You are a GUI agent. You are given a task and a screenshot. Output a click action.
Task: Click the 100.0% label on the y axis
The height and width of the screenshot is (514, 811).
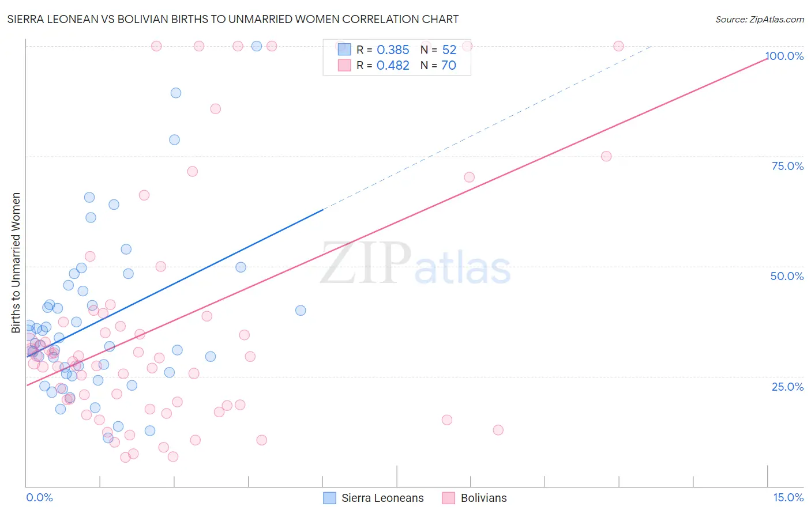point(784,56)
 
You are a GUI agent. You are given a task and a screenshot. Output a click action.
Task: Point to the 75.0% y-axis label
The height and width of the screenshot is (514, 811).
point(787,166)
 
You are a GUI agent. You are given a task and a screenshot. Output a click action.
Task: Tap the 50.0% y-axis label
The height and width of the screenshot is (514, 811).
point(787,276)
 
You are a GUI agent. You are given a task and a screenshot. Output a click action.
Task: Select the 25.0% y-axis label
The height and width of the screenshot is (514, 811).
point(787,387)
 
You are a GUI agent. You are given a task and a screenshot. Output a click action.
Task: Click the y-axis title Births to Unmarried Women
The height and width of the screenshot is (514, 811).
point(16,263)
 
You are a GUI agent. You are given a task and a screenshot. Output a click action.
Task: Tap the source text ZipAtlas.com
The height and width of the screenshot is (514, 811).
point(776,20)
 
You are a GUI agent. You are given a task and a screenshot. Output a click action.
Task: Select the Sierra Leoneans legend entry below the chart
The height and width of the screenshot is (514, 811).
point(382,498)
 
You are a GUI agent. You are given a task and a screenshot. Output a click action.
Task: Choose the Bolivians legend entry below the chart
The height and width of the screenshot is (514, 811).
point(483,498)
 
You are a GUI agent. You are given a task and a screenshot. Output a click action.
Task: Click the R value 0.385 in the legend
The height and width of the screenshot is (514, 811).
point(393,50)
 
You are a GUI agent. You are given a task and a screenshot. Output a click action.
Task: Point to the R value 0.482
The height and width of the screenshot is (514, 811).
point(393,66)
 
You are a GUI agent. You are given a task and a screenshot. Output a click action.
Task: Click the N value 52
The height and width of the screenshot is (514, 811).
point(449,50)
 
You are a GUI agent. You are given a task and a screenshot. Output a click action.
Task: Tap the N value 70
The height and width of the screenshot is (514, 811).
point(449,66)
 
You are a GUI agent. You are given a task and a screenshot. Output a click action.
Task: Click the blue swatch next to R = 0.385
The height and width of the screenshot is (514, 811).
point(344,50)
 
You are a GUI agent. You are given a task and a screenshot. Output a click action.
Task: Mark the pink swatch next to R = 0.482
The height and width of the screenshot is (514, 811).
point(344,65)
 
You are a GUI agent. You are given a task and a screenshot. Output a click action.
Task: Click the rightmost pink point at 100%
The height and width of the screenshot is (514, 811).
point(618,46)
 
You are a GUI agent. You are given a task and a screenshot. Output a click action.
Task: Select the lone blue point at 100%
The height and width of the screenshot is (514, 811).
point(257,46)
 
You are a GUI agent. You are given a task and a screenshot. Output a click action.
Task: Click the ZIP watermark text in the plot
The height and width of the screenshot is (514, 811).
point(366,264)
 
